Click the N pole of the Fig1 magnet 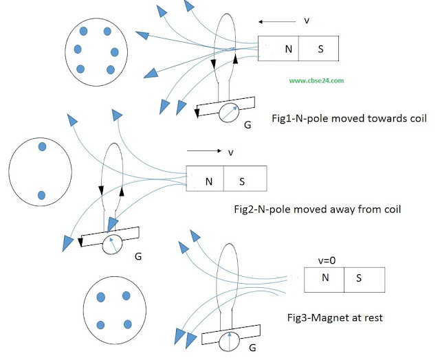point(278,49)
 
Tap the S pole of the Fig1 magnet point(319,49)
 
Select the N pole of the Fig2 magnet point(205,179)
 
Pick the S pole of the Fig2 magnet point(245,179)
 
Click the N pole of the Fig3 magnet point(324,280)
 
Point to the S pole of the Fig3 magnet point(364,280)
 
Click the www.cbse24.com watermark point(316,81)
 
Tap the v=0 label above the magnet point(327,260)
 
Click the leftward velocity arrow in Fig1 point(277,21)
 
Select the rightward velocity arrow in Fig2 point(204,151)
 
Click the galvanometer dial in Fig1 point(229,113)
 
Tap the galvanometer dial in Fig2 point(113,244)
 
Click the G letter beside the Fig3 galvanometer point(252,348)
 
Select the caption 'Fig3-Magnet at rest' point(335,317)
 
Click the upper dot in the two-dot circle point(42,146)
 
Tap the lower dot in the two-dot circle point(41,195)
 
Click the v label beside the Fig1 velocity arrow point(307,21)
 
